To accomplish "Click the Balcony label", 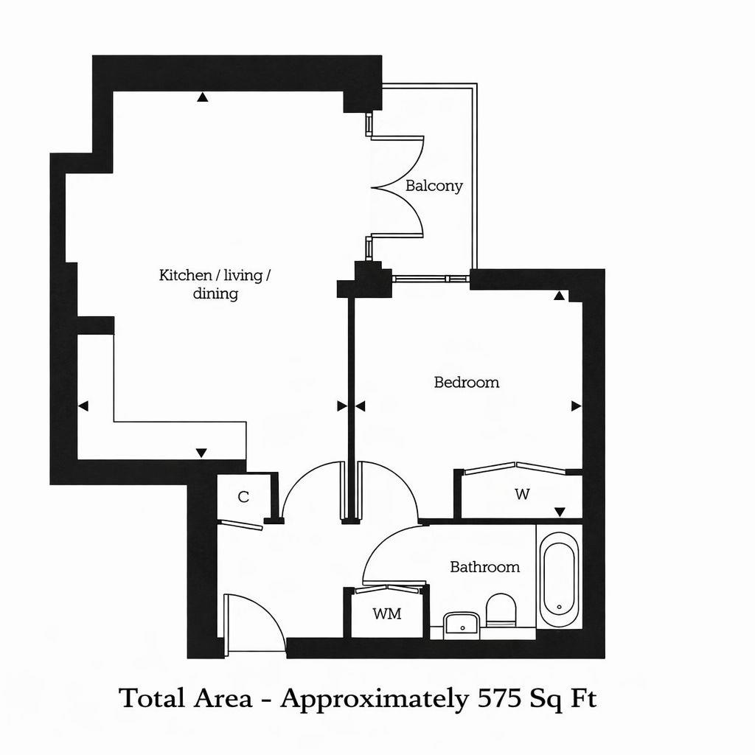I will pyautogui.click(x=434, y=186).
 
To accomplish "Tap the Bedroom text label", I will pyautogui.click(x=466, y=382).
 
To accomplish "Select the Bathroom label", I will pyautogui.click(x=484, y=567).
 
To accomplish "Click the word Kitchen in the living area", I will pyautogui.click(x=184, y=276).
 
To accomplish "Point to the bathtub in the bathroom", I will pyautogui.click(x=558, y=581).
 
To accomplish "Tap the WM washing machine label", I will pyautogui.click(x=386, y=613).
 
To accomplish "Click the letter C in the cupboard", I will pyautogui.click(x=243, y=497).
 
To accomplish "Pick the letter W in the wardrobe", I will pyautogui.click(x=522, y=494).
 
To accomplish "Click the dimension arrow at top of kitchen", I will pyautogui.click(x=202, y=97).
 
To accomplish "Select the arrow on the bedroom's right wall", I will pyautogui.click(x=576, y=406).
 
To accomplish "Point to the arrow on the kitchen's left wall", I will pyautogui.click(x=83, y=406).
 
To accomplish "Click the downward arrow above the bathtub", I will pyautogui.click(x=560, y=512).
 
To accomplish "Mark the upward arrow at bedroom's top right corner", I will pyautogui.click(x=560, y=296).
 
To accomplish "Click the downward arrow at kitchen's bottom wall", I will pyautogui.click(x=201, y=452).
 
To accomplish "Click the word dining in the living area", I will pyautogui.click(x=215, y=294).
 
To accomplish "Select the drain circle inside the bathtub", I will pyautogui.click(x=559, y=607).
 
